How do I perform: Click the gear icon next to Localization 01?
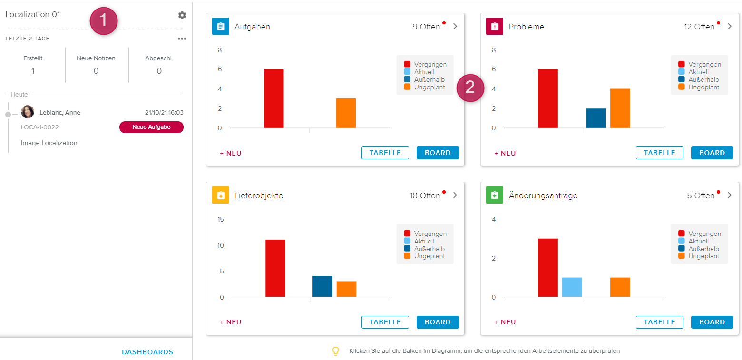[x=182, y=15]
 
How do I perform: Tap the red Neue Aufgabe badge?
[x=151, y=127]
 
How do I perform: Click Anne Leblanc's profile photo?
[x=28, y=112]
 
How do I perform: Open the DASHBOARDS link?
[x=147, y=352]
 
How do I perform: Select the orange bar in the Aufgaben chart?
[x=346, y=113]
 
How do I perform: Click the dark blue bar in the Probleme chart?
[x=596, y=118]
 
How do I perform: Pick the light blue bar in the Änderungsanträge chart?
[x=572, y=287]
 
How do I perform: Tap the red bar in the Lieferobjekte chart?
[x=275, y=268]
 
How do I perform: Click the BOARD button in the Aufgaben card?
[x=438, y=153]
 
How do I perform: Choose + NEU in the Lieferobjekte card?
[x=231, y=322]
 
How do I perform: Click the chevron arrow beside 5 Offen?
[x=730, y=195]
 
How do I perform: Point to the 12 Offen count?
[x=699, y=27]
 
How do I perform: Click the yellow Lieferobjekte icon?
[x=221, y=195]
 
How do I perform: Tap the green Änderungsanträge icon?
[x=495, y=195]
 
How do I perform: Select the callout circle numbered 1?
[x=104, y=21]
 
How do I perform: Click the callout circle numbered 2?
[x=470, y=88]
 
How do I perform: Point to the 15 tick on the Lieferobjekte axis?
[x=220, y=220]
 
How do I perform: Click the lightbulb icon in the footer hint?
[x=336, y=351]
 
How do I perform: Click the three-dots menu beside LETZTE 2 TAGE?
[x=182, y=39]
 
